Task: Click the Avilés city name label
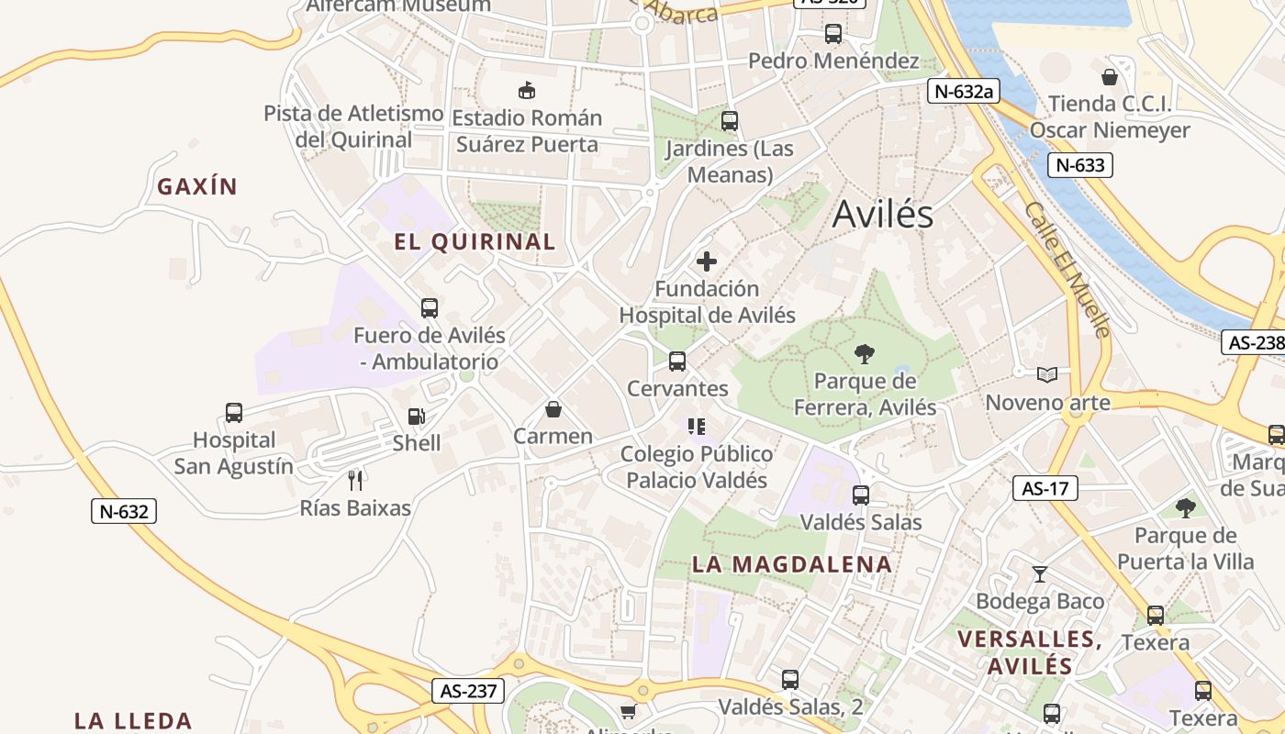coord(883,215)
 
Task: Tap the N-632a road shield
coord(963,91)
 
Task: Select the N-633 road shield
coord(1080,165)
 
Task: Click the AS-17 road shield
coord(1045,488)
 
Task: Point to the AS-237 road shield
coord(468,691)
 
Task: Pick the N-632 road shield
coord(124,511)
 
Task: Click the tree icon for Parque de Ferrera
coord(864,353)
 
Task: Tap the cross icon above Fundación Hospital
coord(707,261)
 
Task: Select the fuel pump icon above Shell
coord(417,417)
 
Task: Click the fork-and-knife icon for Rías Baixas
coord(356,480)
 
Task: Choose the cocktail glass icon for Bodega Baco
coord(1039,574)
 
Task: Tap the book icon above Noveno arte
coord(1047,374)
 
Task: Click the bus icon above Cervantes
coord(677,361)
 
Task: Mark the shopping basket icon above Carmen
coord(553,409)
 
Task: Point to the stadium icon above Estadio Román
coord(527,90)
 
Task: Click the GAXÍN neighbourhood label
coord(197,187)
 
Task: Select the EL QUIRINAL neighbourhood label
coord(475,242)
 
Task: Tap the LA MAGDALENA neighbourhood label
coord(792,564)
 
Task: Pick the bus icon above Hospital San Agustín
coord(234,413)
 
